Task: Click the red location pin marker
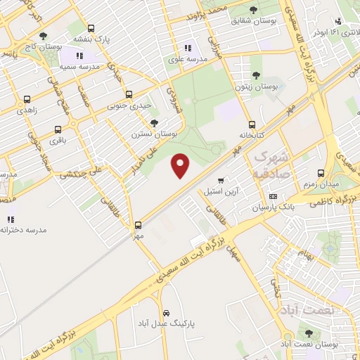click(x=181, y=165)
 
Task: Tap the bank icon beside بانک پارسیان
click(x=274, y=196)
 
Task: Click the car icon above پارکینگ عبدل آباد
click(x=166, y=312)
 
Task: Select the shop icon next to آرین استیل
click(x=222, y=181)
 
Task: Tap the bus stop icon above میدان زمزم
click(x=321, y=173)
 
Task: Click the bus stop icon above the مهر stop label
click(x=138, y=225)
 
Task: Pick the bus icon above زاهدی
click(x=27, y=100)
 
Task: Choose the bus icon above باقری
click(x=58, y=129)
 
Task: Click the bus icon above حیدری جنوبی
click(x=128, y=94)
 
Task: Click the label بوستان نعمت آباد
click(x=309, y=344)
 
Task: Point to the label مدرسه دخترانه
click(x=23, y=230)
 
